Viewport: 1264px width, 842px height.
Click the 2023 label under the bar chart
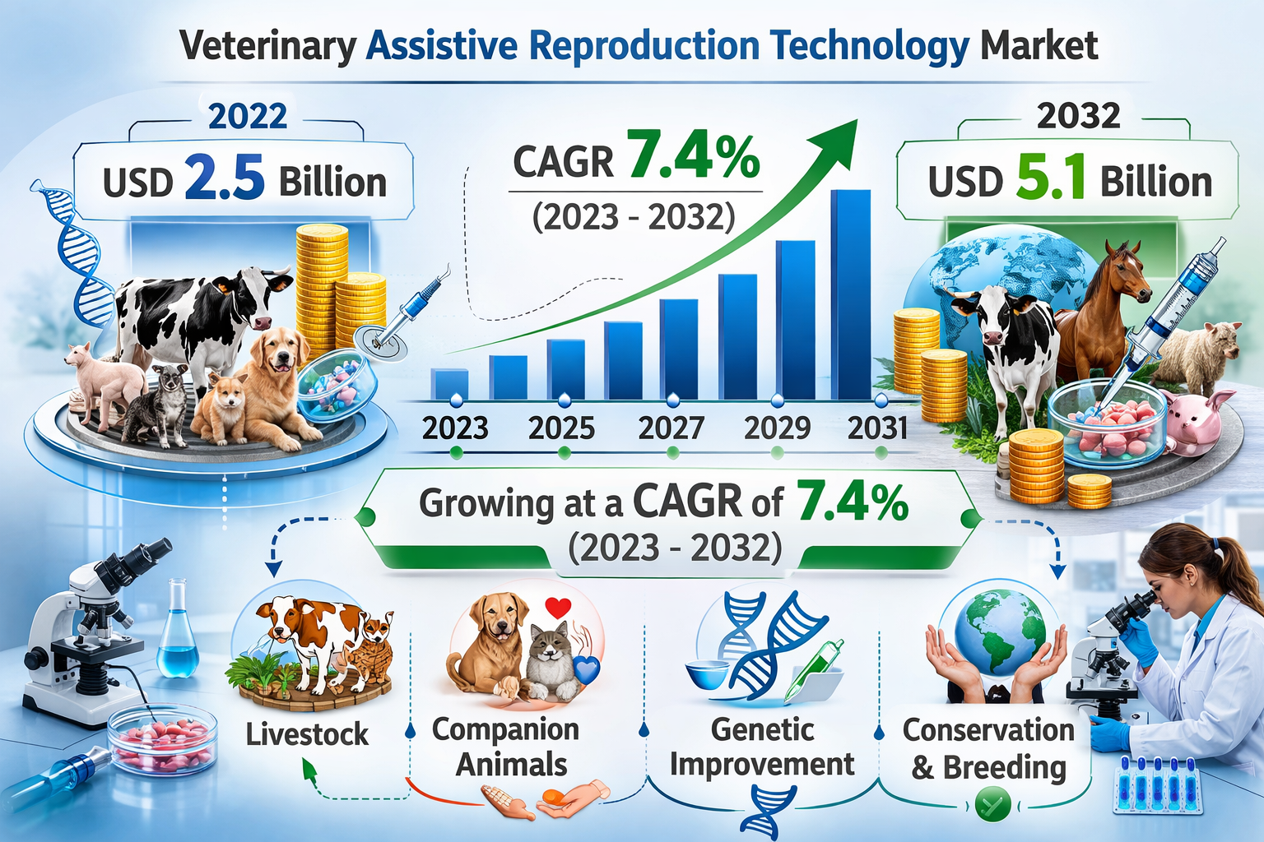point(455,428)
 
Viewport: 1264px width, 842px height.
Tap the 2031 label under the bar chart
point(877,428)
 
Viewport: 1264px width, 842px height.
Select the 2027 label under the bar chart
point(671,428)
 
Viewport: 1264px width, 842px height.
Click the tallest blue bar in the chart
point(851,296)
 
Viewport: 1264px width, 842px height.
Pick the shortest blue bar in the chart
point(449,384)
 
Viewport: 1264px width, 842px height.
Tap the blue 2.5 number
point(225,178)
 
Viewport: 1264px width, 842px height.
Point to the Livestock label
point(307,734)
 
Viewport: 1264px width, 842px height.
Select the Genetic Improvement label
point(762,747)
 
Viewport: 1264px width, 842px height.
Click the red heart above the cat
point(559,608)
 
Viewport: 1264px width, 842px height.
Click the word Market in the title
point(1039,46)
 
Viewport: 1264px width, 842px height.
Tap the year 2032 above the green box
point(1078,117)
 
